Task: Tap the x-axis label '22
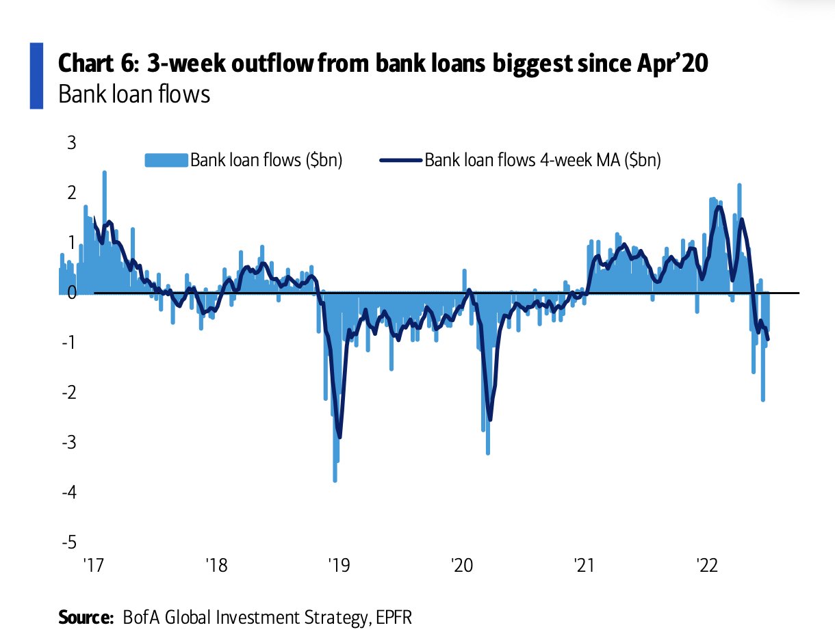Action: [x=706, y=567]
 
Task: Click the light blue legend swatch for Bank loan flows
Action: [x=166, y=161]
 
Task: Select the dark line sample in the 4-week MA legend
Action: [x=400, y=161]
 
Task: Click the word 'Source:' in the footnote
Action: [x=86, y=617]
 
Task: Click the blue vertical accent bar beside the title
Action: [x=36, y=75]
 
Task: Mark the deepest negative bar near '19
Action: [x=335, y=479]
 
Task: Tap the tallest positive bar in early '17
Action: [x=104, y=174]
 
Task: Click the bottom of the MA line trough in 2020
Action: [x=490, y=419]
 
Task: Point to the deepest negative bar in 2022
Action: [x=762, y=400]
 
